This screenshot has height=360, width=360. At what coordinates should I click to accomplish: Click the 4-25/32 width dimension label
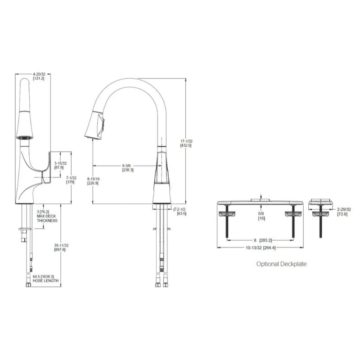click(x=38, y=75)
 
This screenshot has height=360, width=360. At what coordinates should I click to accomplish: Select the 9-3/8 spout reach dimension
click(x=127, y=167)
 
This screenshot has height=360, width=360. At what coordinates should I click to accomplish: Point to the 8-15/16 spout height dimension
click(x=94, y=181)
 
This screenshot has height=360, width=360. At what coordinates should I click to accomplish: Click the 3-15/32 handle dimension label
click(x=60, y=165)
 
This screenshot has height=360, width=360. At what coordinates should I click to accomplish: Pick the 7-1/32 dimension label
click(x=70, y=180)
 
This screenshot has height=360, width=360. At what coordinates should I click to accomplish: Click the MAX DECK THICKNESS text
click(x=47, y=218)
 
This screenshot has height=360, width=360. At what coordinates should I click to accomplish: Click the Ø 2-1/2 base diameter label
click(x=181, y=211)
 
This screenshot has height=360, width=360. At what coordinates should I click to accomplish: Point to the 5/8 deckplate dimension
click(x=261, y=216)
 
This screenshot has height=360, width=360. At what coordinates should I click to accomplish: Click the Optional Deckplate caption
click(x=281, y=264)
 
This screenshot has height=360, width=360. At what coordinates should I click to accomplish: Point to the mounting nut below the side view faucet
click(x=24, y=230)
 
